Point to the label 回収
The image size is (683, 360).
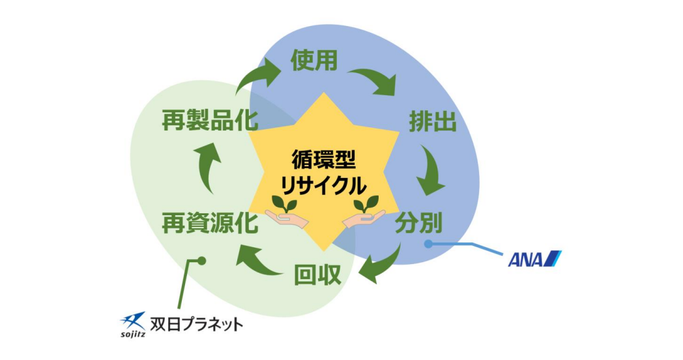317,274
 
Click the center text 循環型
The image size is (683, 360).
324,160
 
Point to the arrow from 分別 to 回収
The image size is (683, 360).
381,264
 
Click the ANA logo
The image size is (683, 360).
534,259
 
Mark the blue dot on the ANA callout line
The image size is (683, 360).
428,244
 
